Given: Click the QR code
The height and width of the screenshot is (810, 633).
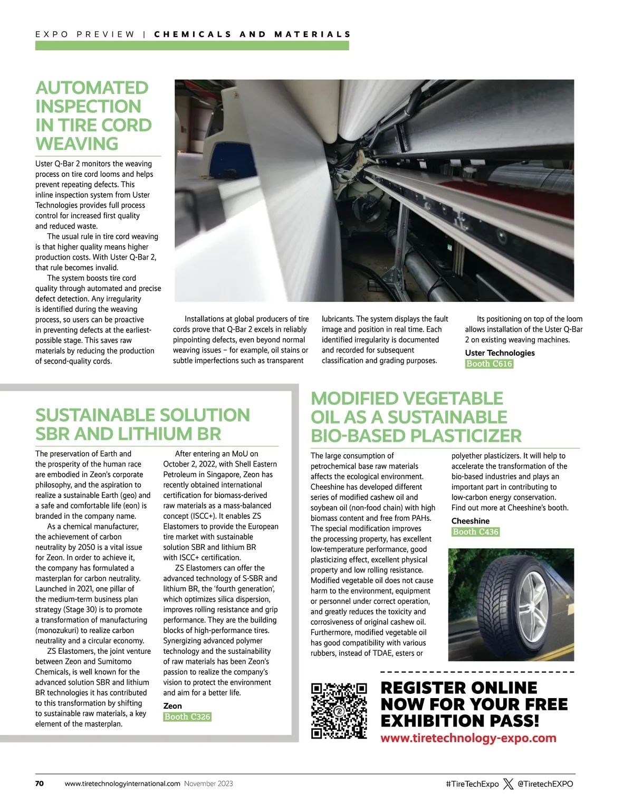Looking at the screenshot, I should tap(339, 710).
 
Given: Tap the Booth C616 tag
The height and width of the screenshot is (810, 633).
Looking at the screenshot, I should tap(489, 364).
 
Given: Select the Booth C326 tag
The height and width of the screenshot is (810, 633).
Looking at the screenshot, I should tap(187, 717).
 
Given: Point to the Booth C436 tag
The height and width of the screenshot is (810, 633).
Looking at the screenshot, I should tap(475, 532).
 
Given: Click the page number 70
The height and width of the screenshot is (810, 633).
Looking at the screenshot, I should tap(40, 784).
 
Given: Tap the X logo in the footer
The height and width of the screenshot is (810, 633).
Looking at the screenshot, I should tap(508, 784).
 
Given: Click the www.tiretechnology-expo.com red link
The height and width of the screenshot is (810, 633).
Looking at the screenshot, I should tap(468, 738).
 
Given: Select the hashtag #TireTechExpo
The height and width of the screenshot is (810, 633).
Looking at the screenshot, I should tap(472, 784).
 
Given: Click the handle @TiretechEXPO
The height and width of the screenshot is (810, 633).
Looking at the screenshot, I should tap(545, 784).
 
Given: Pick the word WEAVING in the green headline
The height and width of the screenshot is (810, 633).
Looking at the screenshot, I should tap(77, 144).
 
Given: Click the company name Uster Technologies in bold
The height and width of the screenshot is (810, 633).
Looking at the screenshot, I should tap(500, 353).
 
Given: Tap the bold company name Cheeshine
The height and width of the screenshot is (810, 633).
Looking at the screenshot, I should tap(471, 521).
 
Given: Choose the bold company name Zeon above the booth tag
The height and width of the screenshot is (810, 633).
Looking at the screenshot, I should tap(172, 706).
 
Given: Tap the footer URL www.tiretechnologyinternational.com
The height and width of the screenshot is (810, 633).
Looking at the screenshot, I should tap(122, 784).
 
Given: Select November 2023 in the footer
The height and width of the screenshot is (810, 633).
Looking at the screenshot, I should tap(208, 784).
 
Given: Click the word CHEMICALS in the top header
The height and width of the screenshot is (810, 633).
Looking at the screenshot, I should tap(193, 34).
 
